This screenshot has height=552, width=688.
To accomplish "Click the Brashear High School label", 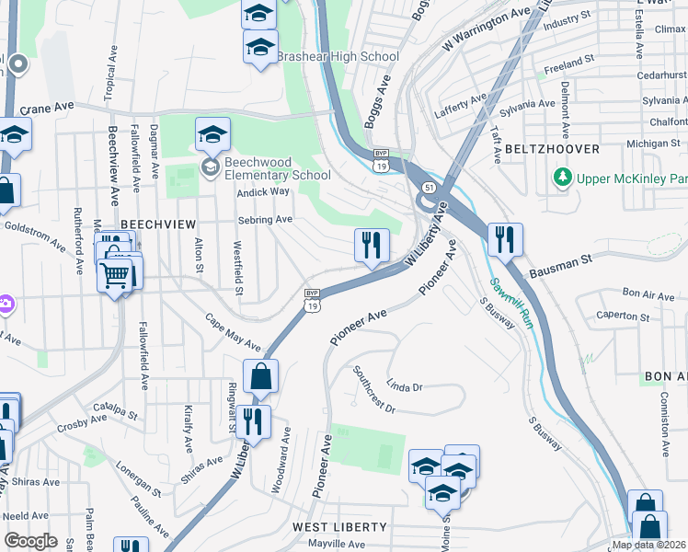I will [x=338, y=56].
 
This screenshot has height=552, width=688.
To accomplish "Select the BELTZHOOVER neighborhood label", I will [x=552, y=149].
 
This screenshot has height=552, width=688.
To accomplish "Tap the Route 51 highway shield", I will [x=429, y=188].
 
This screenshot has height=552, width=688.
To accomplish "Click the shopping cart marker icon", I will [x=115, y=274].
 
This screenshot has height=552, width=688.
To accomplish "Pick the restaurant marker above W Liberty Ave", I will [x=371, y=246].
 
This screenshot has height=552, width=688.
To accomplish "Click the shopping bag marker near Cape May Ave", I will [x=260, y=376].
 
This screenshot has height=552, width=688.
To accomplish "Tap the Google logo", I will [x=30, y=541].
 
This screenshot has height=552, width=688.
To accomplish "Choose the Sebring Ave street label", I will [x=265, y=220].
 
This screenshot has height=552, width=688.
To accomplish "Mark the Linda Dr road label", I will [x=404, y=386].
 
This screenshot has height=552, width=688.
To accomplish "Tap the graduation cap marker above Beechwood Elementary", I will [x=212, y=135].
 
